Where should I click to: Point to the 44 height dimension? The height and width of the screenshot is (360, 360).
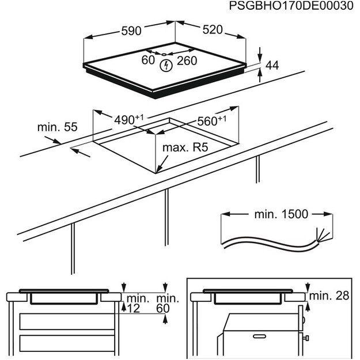tap(272, 66)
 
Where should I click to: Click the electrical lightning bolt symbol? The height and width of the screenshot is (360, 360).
tap(165, 65)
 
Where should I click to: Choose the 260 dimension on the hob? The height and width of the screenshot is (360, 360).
tap(187, 60)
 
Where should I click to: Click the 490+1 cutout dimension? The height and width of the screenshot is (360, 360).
tap(128, 119)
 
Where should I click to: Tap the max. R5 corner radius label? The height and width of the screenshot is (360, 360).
tap(184, 148)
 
